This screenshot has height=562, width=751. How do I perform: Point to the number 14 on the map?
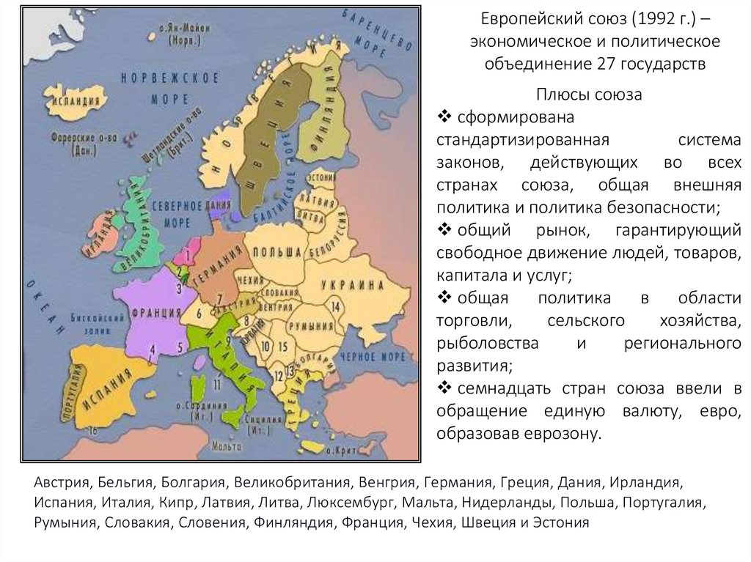pyautogui.click(x=336, y=306)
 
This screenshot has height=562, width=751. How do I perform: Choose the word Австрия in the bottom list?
pyautogui.click(x=59, y=485)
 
